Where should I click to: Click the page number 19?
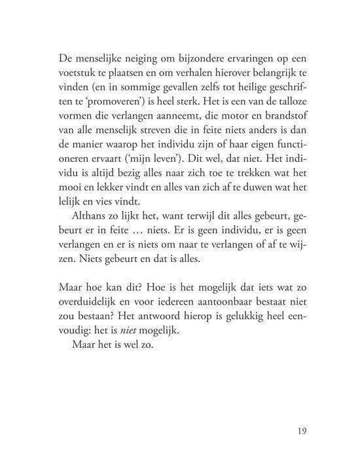(301, 432)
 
